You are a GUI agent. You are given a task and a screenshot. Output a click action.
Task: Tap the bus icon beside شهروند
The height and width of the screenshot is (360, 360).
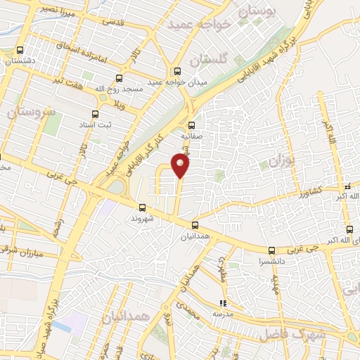pyautogui.click(x=143, y=207)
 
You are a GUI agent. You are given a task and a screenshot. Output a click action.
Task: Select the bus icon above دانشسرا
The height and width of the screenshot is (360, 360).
pyautogui.click(x=272, y=250)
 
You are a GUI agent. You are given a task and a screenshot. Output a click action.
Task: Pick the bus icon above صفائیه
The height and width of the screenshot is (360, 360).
pyautogui.click(x=191, y=127)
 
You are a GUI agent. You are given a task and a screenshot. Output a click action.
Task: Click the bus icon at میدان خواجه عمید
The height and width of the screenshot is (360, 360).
pyautogui.click(x=177, y=70)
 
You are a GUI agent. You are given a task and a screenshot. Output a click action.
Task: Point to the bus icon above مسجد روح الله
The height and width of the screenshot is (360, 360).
pyautogui.click(x=119, y=79)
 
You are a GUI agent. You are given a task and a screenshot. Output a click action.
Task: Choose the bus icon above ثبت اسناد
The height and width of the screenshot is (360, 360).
pyautogui.click(x=96, y=114)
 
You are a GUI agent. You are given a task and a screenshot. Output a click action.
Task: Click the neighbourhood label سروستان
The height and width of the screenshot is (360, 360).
pyautogui.click(x=33, y=111)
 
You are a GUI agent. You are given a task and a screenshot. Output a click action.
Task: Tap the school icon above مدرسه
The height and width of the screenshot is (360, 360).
pyautogui.click(x=223, y=303)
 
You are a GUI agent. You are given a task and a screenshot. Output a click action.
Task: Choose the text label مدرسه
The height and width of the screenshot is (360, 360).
pyautogui.click(x=224, y=314)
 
